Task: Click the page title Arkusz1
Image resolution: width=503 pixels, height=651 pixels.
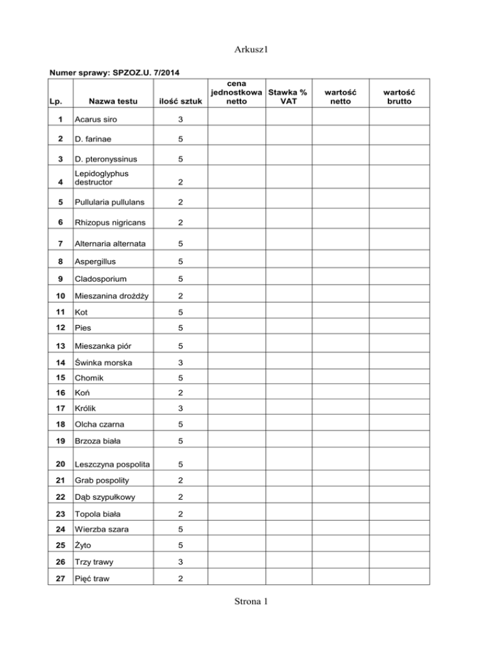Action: pos(251,49)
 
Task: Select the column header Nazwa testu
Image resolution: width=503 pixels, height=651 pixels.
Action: pos(105,102)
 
